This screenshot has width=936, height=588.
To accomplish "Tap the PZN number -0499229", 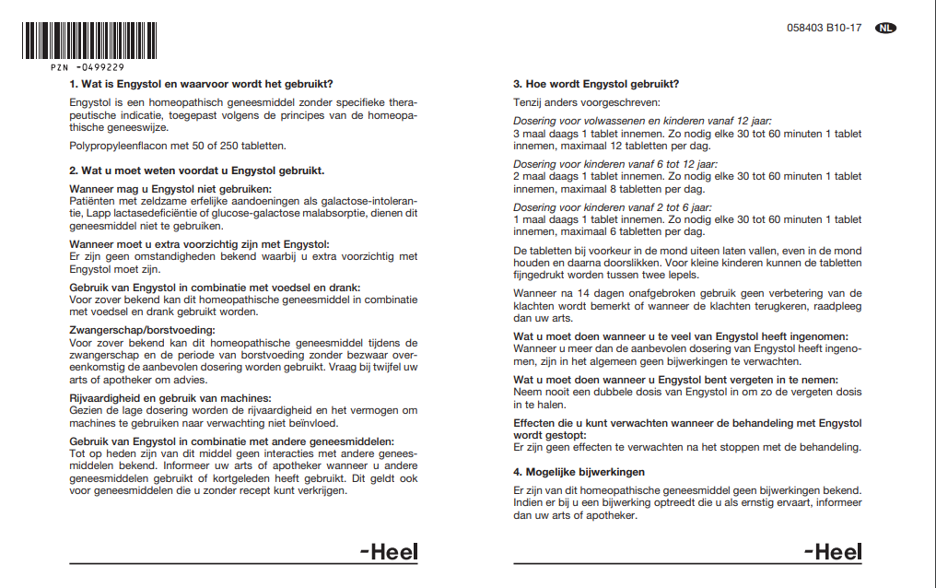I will coord(88,67).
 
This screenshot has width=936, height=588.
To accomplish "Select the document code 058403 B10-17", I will coord(825,29).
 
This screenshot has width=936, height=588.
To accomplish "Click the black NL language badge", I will coord(885,28).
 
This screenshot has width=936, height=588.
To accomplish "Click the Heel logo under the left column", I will coord(389,552).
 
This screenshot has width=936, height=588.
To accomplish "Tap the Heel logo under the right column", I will coord(833,552).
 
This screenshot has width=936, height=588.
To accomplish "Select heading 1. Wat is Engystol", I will coord(201,84).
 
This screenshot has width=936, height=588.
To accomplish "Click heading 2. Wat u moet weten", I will coord(196,171).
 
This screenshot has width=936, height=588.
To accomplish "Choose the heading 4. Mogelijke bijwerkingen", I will coord(579,472).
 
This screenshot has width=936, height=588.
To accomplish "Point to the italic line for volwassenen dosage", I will coord(642,121).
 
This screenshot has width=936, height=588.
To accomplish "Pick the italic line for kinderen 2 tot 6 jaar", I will coord(613,207).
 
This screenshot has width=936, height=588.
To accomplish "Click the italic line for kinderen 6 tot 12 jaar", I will coord(615,164).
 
